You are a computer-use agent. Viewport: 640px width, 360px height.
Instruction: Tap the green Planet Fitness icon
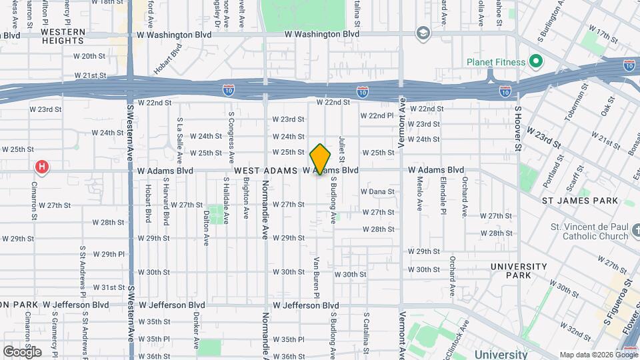click(x=535, y=62)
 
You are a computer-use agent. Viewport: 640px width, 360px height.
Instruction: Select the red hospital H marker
click(x=43, y=167)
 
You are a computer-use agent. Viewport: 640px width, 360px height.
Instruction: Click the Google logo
click(x=22, y=351)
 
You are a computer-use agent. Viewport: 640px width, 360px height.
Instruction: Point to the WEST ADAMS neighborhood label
click(x=265, y=171)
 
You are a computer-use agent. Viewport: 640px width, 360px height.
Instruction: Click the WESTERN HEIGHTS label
click(x=63, y=36)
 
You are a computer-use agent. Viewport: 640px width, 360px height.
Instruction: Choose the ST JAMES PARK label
click(x=579, y=201)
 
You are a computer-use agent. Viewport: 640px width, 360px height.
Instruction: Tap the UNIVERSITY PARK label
click(x=519, y=271)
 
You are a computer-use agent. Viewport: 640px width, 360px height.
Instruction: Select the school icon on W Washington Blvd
click(x=423, y=33)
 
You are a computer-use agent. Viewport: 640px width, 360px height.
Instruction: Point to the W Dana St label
click(x=377, y=191)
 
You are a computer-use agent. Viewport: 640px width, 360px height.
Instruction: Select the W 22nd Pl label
click(x=377, y=115)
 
